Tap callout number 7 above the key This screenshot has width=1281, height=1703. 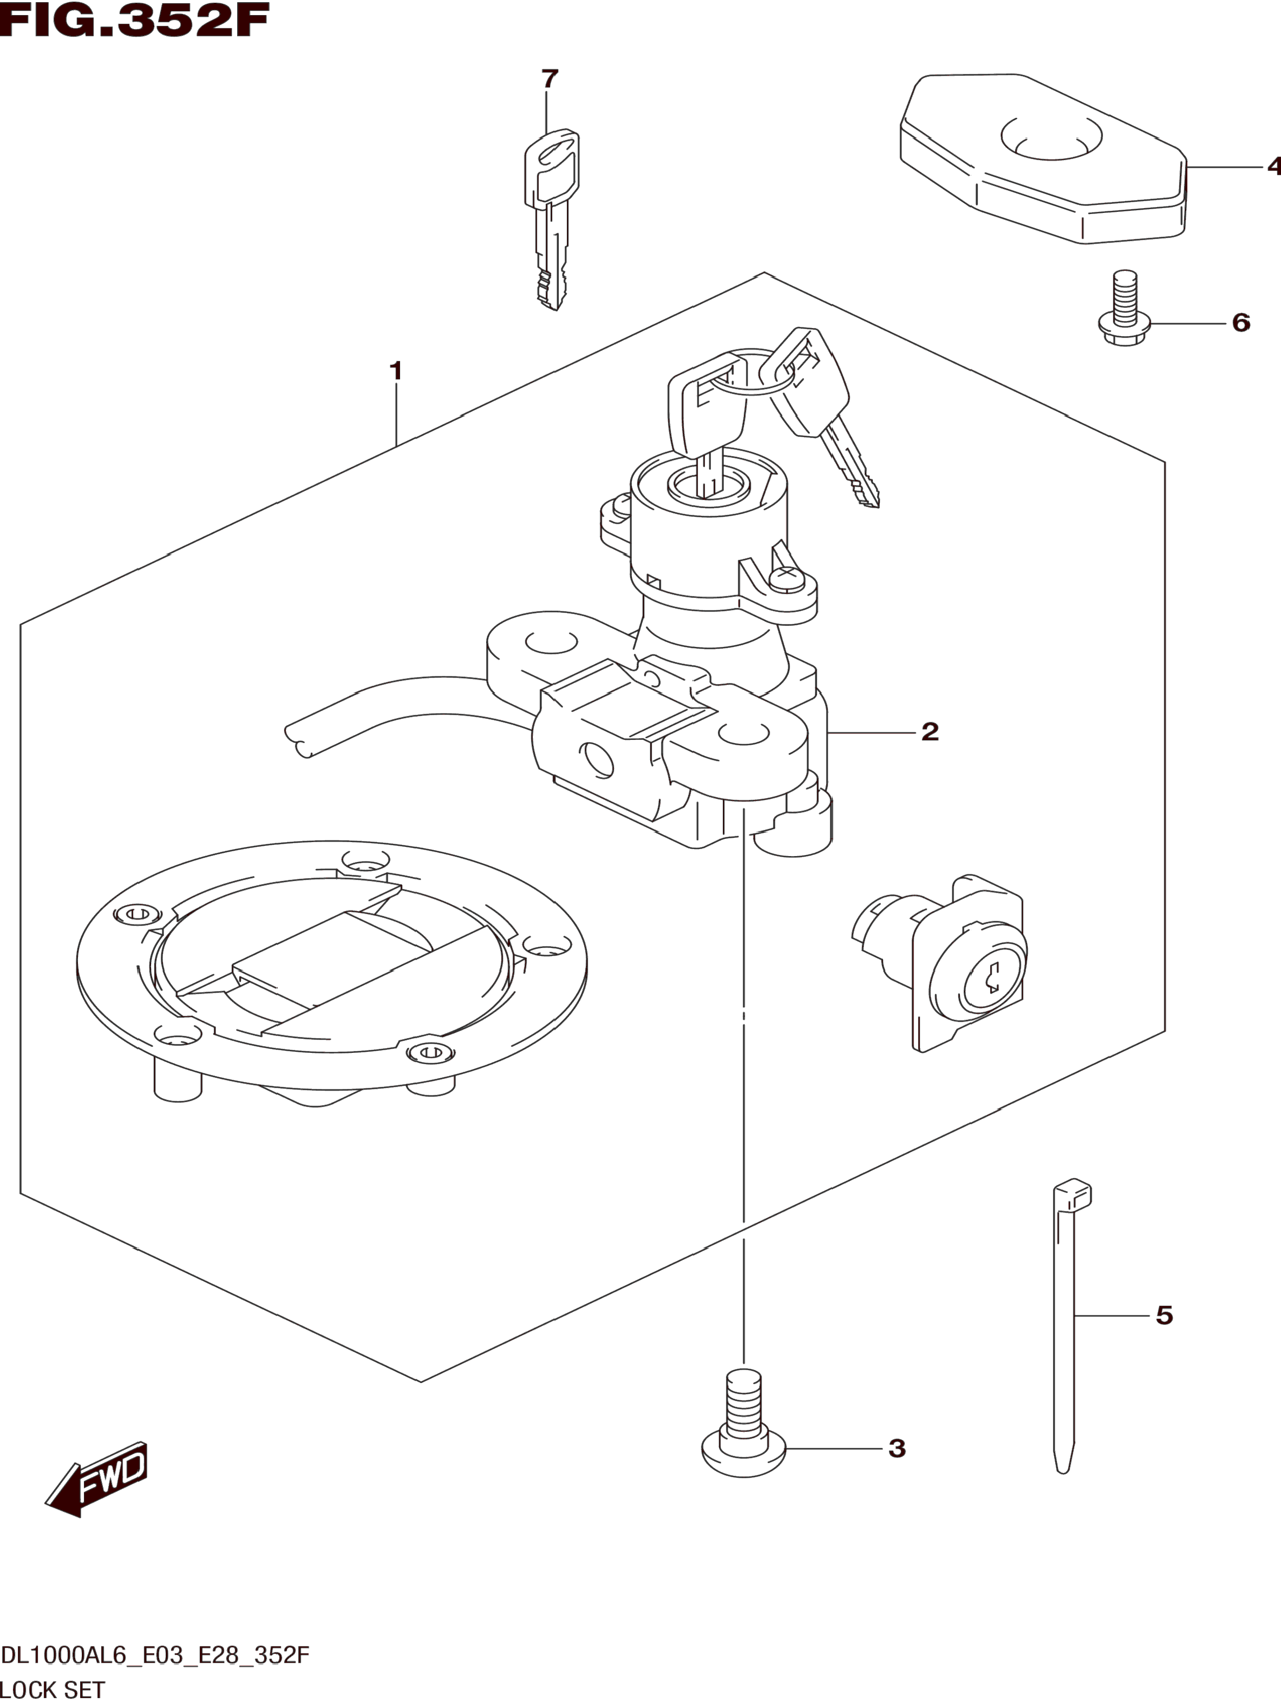[549, 79]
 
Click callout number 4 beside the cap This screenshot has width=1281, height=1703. [1273, 166]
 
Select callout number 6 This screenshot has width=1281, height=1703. [1241, 323]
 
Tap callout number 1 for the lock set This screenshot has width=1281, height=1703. [396, 371]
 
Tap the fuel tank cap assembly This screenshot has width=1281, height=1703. [332, 972]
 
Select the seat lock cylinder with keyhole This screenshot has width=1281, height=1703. [940, 963]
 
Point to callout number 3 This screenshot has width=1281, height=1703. [897, 1449]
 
